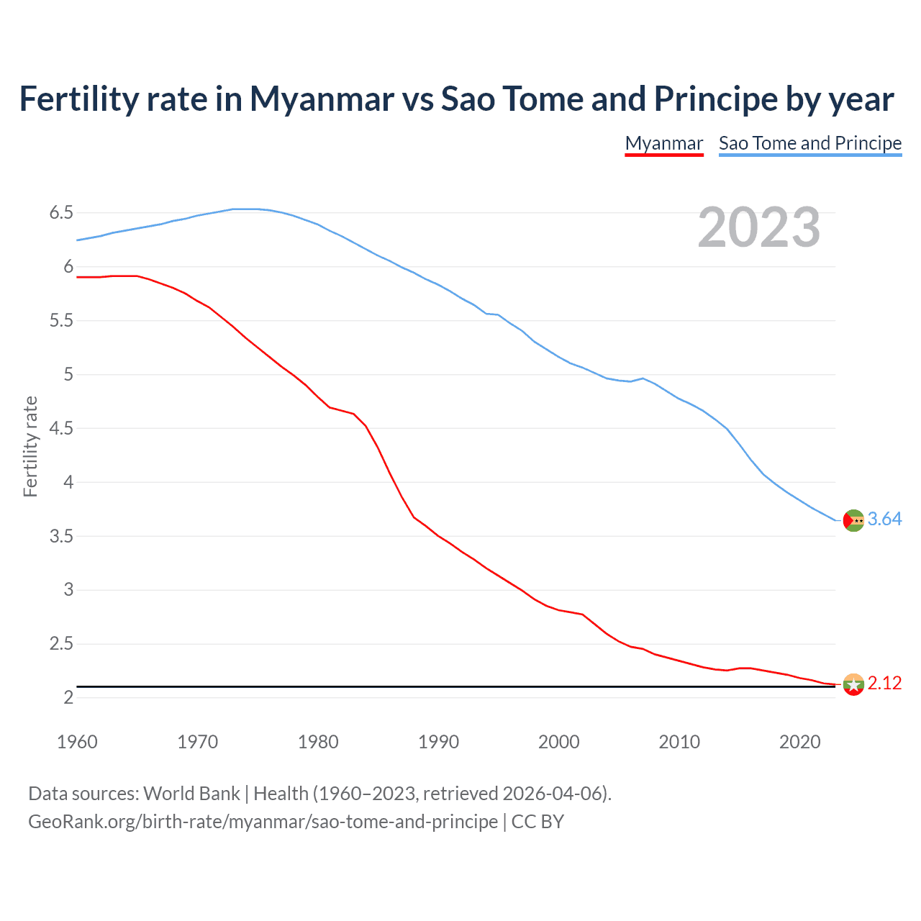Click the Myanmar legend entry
coord(663,143)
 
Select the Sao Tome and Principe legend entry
coord(810,143)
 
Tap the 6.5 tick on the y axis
coord(61,212)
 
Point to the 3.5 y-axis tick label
coord(61,536)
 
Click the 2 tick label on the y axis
coord(68,697)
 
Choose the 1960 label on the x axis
coord(77,742)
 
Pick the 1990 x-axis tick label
coord(438,742)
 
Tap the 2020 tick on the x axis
coord(799,742)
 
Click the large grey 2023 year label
coord(759,227)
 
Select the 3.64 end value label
coord(884,519)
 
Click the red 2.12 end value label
coord(884,683)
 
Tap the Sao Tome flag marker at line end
coord(853,520)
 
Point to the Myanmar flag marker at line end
coord(853,684)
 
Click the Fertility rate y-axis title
coord(30,446)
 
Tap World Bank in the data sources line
coord(191,794)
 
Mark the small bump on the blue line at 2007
coord(643,378)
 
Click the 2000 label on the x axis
coord(558,742)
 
